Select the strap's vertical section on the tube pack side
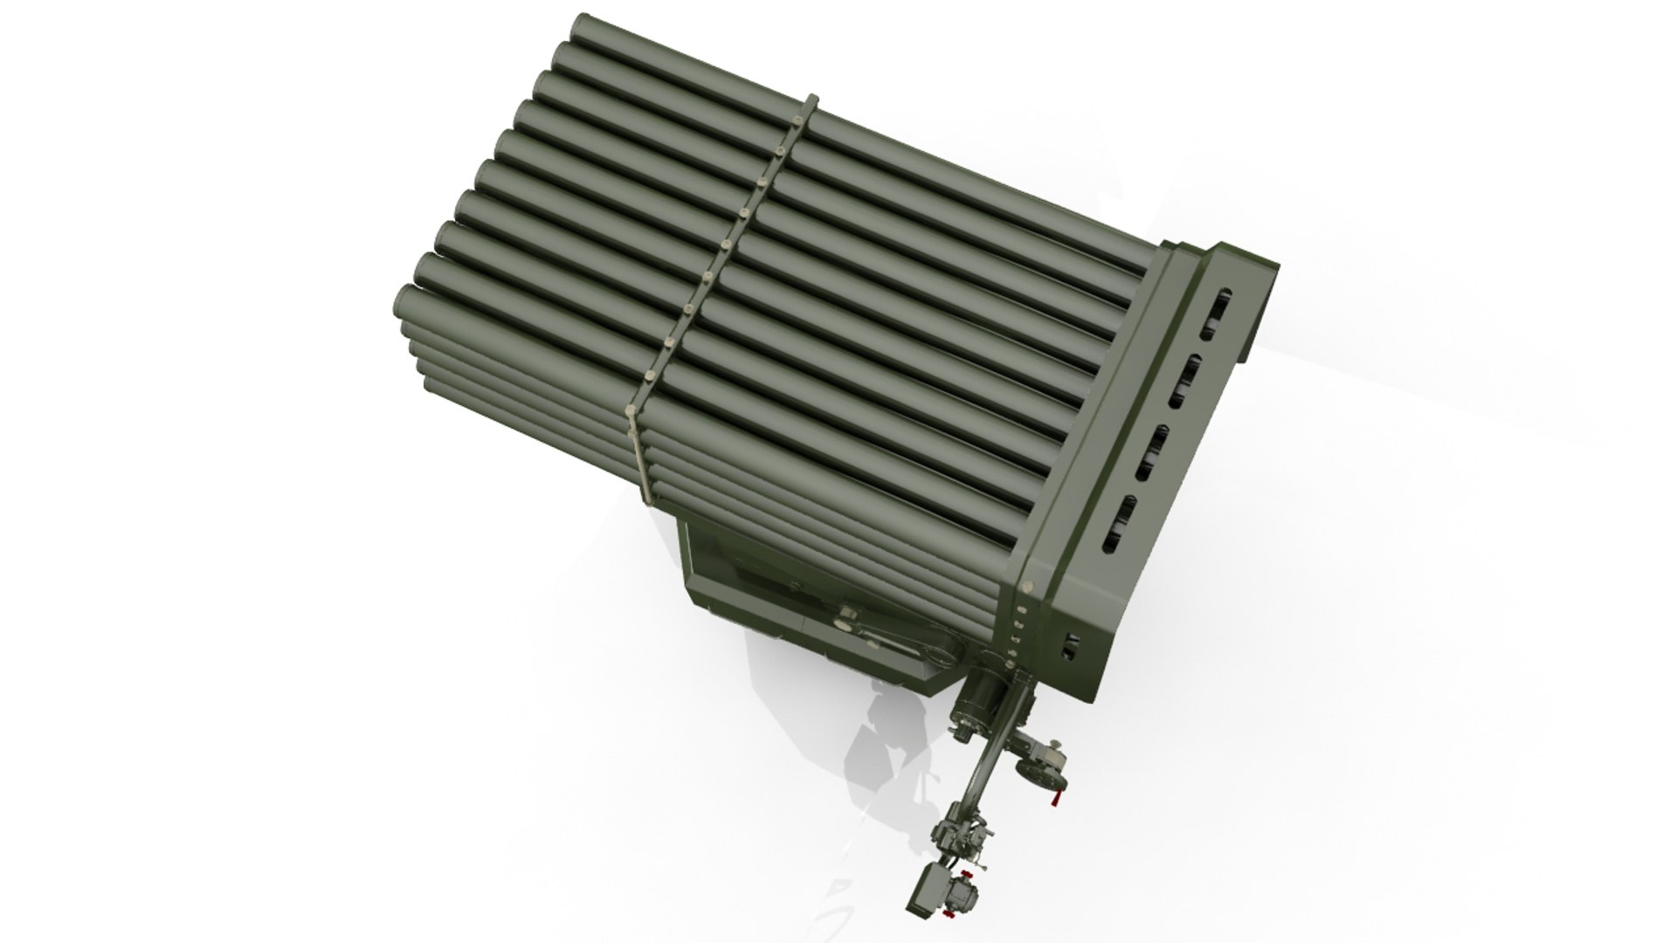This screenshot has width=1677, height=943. tap(644, 454)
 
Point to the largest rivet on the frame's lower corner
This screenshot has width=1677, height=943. tap(1026, 587)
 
